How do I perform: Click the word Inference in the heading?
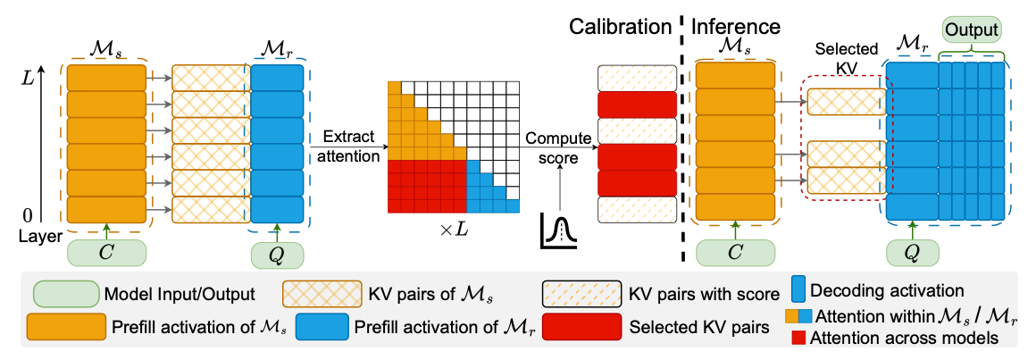736,28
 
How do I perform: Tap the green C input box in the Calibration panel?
106,253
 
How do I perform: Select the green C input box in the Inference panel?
735,253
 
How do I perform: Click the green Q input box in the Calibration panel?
277,253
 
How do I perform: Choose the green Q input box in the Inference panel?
912,253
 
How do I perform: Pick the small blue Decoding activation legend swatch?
800,291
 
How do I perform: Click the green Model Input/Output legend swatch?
64,293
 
